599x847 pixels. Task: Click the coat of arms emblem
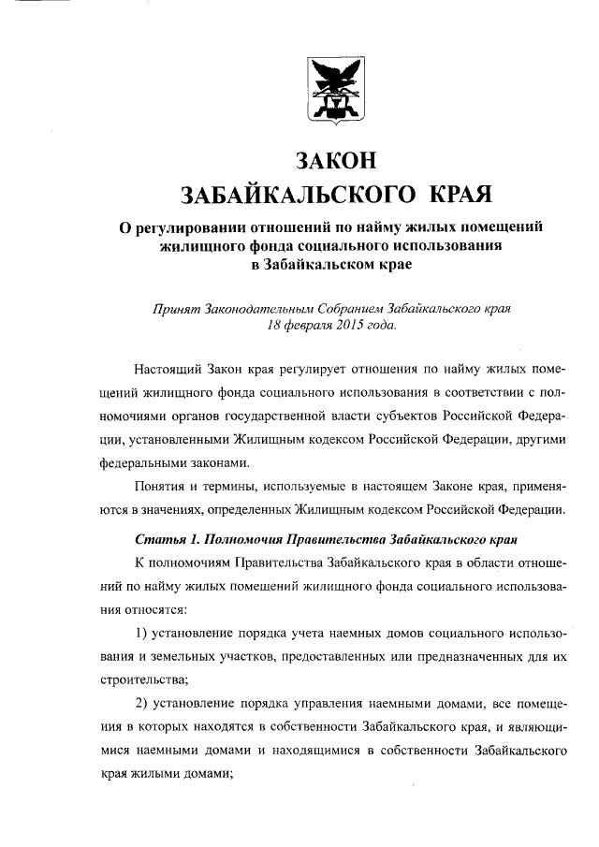(x=336, y=91)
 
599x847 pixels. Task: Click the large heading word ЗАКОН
(x=336, y=161)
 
